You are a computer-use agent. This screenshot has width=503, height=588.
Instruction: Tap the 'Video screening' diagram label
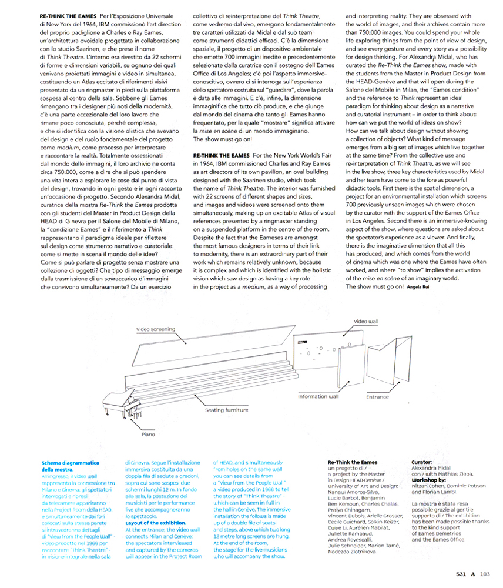click(x=155, y=329)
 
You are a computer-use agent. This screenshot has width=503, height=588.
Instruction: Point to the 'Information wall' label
click(x=318, y=396)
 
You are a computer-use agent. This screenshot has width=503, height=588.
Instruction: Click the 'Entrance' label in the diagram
click(x=377, y=397)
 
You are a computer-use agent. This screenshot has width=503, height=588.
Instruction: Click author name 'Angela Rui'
click(x=418, y=286)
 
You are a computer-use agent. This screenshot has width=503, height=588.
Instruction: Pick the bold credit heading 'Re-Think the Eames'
click(x=353, y=463)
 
